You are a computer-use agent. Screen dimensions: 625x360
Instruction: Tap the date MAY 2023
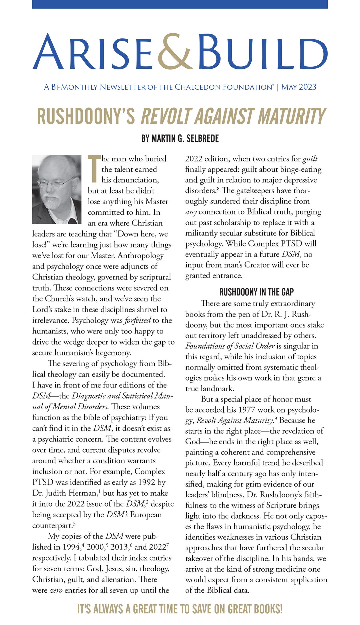pos(299,87)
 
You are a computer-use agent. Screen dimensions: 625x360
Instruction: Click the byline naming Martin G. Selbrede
pos(180,138)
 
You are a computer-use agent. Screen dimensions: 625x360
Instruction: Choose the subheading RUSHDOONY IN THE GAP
pos(256,292)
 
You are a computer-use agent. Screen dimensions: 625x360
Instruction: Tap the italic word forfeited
pos(138,321)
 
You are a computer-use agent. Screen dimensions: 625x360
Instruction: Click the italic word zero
pos(56,590)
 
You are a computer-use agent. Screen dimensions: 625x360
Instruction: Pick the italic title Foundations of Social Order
pos(230,346)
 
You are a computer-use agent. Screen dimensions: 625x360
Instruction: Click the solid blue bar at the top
pos(180,4)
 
